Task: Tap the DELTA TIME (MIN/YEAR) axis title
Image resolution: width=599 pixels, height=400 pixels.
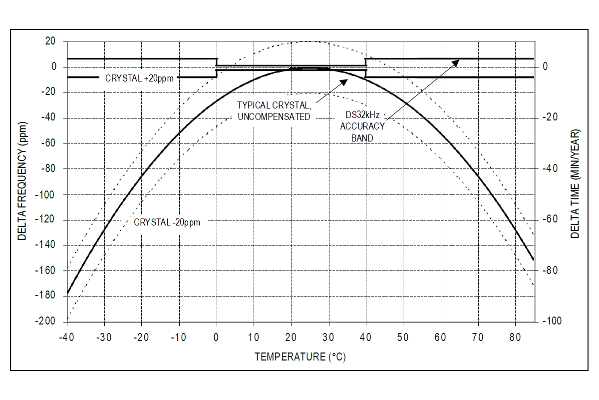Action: click(575, 183)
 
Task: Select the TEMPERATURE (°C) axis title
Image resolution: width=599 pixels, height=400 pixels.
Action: click(300, 357)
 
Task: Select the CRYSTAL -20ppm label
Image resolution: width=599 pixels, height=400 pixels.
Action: click(167, 222)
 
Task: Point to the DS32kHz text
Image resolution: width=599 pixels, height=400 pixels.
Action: click(362, 114)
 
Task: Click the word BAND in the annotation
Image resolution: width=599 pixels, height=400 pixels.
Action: click(362, 138)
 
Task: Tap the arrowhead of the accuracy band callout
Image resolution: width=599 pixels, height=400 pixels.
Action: click(457, 61)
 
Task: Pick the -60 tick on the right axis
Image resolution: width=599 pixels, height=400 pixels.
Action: click(551, 219)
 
